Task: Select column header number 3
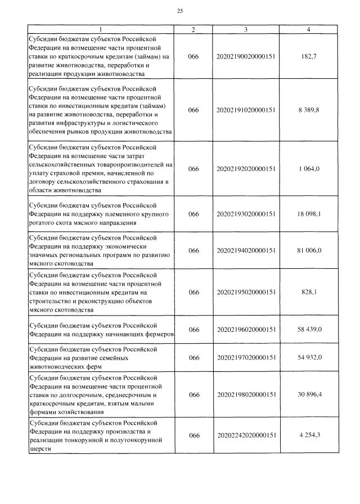246,29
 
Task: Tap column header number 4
309,29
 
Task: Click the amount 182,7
309,57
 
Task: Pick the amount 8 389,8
309,110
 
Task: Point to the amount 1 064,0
309,169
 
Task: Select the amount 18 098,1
309,214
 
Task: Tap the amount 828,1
309,292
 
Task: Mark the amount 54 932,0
309,358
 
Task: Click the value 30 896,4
309,395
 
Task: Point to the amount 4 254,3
309,435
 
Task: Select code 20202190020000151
246,57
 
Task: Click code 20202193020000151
246,214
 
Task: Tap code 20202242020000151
246,435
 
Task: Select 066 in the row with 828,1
193,292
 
